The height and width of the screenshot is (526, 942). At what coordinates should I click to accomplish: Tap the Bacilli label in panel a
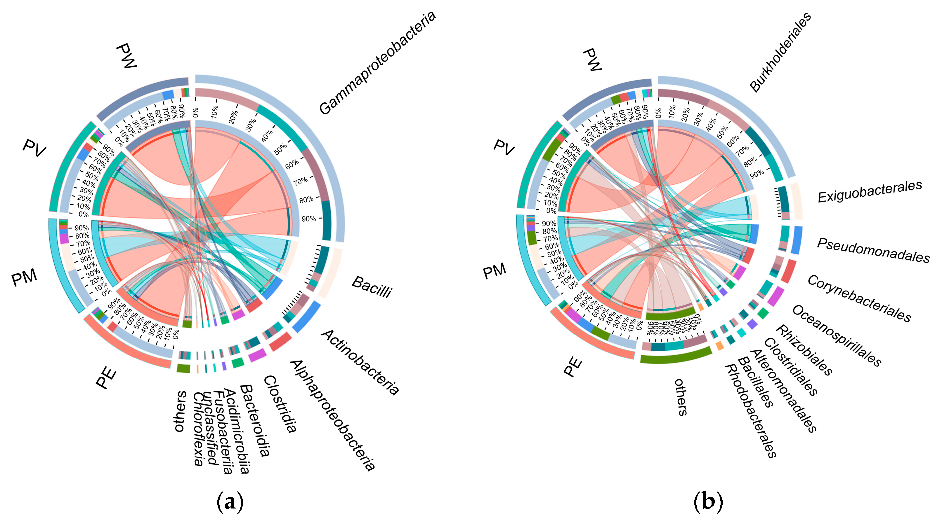click(x=372, y=287)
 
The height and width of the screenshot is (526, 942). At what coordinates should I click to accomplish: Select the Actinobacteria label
click(x=360, y=362)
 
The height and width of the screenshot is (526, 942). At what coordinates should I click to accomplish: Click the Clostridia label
click(x=280, y=404)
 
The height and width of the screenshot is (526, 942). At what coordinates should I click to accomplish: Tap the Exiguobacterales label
click(x=870, y=191)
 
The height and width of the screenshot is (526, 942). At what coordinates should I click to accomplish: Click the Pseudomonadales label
click(x=873, y=251)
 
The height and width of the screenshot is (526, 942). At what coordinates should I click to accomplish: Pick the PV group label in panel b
click(x=504, y=147)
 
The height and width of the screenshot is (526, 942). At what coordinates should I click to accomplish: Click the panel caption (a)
click(x=230, y=502)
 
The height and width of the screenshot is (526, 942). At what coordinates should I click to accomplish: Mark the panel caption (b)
click(x=708, y=502)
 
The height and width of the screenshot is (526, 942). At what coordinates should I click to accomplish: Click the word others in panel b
click(x=681, y=397)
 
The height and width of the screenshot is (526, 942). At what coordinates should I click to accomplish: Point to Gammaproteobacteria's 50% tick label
click(x=280, y=149)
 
